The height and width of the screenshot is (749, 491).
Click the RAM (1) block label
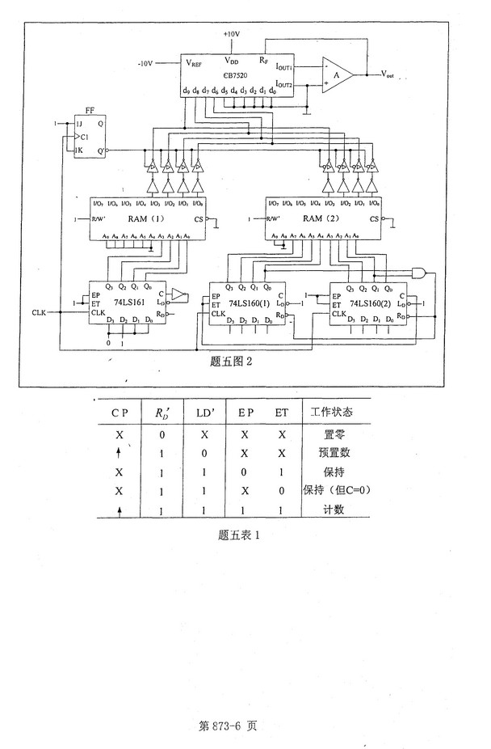pyautogui.click(x=148, y=219)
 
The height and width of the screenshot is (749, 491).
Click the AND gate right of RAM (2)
pyautogui.click(x=420, y=273)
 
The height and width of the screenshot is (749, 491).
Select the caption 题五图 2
pyautogui.click(x=230, y=362)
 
